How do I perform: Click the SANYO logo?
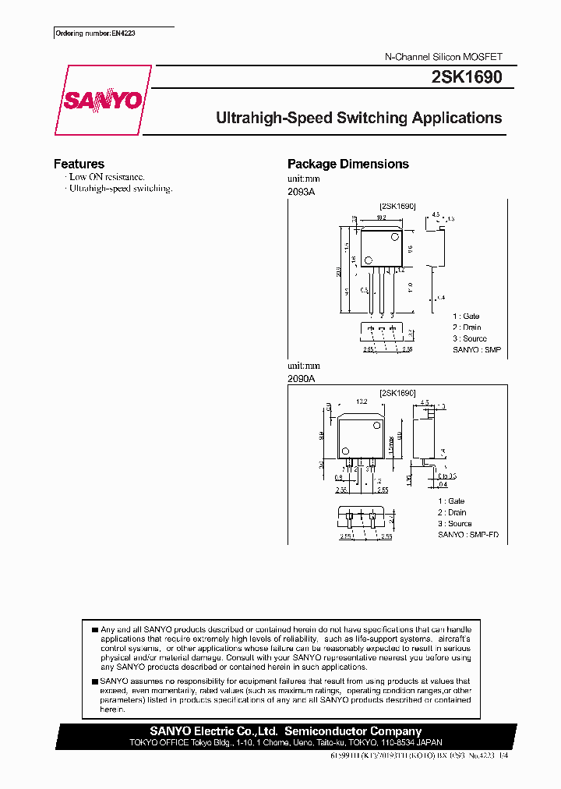tap(102, 101)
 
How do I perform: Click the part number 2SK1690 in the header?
tap(466, 77)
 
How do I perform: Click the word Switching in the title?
tap(372, 119)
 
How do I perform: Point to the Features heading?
tap(79, 164)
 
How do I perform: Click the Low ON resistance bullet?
tap(107, 177)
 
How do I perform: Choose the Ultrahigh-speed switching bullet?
tap(121, 189)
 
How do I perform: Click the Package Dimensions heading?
tap(348, 164)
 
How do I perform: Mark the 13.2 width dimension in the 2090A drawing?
tap(361, 402)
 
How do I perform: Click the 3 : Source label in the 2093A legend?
tap(469, 338)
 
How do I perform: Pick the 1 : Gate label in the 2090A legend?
tap(450, 501)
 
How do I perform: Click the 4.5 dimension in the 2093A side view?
tap(436, 214)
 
